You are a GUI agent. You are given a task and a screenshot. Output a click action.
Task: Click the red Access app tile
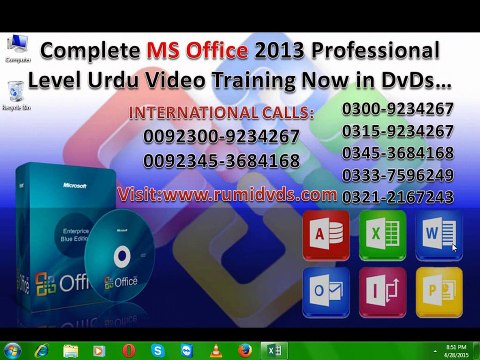326,236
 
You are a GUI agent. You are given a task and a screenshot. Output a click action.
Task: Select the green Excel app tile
382,236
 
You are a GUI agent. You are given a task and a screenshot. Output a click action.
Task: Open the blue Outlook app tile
326,292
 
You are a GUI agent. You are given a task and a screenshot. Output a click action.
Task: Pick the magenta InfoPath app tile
382,292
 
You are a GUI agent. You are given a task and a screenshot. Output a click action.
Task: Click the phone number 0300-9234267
398,109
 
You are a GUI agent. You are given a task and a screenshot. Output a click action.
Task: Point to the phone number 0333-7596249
398,175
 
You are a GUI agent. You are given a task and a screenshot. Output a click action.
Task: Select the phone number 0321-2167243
398,197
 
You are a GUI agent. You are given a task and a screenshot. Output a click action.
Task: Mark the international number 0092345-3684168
221,160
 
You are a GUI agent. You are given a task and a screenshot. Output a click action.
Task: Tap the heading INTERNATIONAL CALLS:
222,112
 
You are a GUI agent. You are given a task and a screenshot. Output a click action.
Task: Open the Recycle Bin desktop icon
15,92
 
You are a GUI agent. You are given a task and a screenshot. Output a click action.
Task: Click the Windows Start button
13,349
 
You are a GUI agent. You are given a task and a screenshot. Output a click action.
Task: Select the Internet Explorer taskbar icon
41,349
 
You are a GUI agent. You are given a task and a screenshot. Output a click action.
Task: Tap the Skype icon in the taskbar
157,349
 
